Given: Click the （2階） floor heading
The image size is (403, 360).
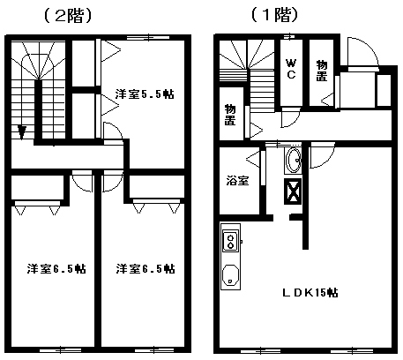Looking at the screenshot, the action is click(68, 16).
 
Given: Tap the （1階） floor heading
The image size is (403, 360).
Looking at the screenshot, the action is click(275, 15).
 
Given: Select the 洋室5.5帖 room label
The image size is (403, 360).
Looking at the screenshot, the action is click(145, 94).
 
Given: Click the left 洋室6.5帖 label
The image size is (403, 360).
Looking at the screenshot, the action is click(56, 269).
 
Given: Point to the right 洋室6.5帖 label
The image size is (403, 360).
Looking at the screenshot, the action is click(146, 269).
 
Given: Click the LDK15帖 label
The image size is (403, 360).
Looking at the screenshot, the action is click(310, 293).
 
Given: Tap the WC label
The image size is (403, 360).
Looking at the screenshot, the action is click(291, 69).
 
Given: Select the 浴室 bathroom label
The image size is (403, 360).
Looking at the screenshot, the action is click(237, 181).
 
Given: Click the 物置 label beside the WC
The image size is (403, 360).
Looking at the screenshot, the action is click(322, 71).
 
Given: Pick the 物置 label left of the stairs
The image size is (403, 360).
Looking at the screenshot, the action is click(230, 115).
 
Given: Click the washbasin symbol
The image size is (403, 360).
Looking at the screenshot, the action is click(293, 161).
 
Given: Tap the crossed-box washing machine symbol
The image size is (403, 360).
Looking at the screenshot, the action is click(293, 191).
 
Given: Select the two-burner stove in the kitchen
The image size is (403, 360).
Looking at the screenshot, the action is click(230, 242).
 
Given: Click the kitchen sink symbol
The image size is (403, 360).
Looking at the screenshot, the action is click(230, 275).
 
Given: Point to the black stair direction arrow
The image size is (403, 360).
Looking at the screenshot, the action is click(21, 132).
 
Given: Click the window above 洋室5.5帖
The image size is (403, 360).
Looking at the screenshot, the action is click(148, 37).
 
